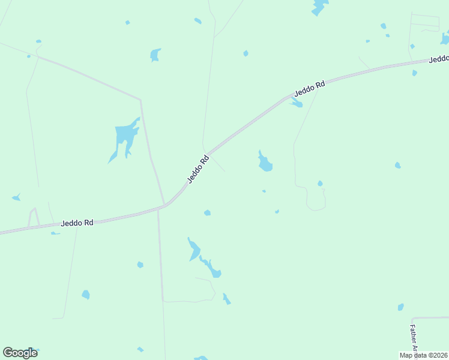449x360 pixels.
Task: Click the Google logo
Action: tap(20, 353)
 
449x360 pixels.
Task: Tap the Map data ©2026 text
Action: tap(423, 355)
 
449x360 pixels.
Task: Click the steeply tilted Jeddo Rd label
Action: tap(197, 169)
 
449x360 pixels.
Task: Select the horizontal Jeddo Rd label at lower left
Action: tap(77, 223)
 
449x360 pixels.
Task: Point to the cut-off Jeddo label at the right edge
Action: tap(439, 58)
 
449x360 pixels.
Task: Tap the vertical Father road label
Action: tap(414, 338)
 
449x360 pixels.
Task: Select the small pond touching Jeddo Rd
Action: tap(297, 103)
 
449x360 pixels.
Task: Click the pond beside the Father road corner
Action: tap(400, 307)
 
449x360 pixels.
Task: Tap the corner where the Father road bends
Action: tap(412, 319)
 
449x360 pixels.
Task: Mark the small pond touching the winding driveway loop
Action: tap(320, 184)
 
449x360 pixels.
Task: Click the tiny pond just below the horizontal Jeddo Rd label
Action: tap(55, 233)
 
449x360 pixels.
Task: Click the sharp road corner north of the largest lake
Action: tap(140, 100)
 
